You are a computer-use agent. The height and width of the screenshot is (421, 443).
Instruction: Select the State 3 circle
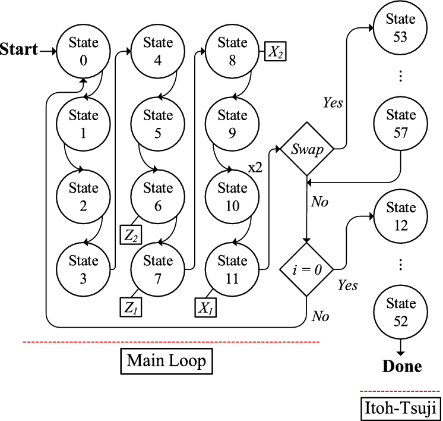pos(83,269)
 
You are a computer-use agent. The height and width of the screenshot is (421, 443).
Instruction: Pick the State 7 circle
pos(158,269)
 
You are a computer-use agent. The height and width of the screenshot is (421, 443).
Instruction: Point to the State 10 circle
pos(232,197)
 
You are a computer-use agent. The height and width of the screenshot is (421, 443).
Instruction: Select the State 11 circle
pos(232,269)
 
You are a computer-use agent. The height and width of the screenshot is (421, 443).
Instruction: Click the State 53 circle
pos(401,27)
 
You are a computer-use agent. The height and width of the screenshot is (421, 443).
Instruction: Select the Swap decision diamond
pos(306,149)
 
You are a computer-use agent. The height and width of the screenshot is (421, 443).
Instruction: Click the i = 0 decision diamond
pos(306,268)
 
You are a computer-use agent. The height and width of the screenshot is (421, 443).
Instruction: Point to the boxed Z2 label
pos(132,235)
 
